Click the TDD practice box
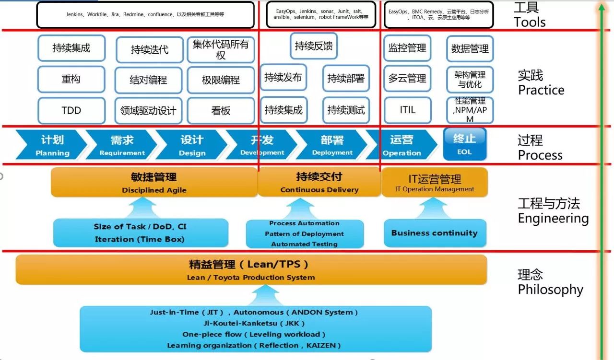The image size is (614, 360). [71, 111]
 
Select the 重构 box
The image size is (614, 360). [71, 79]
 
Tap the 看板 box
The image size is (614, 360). [221, 111]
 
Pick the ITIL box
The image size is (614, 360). [407, 110]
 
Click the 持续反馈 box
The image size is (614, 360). [314, 46]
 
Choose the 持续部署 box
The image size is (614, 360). [346, 78]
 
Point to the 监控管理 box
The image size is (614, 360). [407, 48]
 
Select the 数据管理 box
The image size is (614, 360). [470, 48]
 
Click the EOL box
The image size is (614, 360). [464, 144]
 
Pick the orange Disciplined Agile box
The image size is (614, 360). [154, 182]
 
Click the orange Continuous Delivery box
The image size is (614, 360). [319, 182]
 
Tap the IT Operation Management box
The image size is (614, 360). [435, 182]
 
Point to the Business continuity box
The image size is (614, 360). [435, 233]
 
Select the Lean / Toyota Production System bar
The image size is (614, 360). [251, 269]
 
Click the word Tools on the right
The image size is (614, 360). [530, 22]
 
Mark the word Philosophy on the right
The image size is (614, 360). [550, 290]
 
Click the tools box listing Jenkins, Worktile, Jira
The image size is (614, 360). [145, 15]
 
